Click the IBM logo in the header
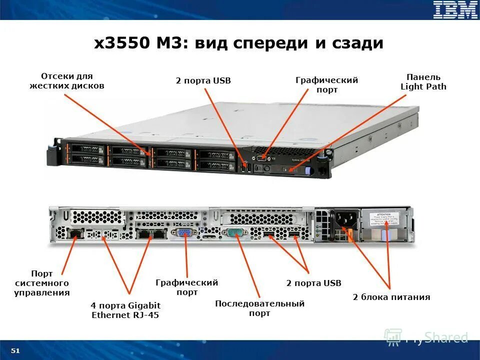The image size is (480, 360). [x=455, y=10]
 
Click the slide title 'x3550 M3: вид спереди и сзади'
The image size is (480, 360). [x=239, y=43]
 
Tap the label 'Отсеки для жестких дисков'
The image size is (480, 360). [x=66, y=81]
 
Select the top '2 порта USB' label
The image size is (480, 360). [x=203, y=80]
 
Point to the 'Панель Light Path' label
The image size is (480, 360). [x=423, y=81]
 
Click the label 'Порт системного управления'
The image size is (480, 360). [x=42, y=283]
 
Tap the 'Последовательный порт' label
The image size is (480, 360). [x=259, y=308]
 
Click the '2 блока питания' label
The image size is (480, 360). [x=391, y=297]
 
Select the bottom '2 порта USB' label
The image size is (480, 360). [x=313, y=283]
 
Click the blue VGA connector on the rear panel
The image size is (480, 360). [x=184, y=233]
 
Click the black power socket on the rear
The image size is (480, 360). [x=344, y=218]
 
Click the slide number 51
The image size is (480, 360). [x=15, y=350]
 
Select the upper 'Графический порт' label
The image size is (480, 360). [x=326, y=85]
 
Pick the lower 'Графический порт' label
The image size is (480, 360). [x=186, y=287]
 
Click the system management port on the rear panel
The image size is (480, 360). [x=75, y=233]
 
